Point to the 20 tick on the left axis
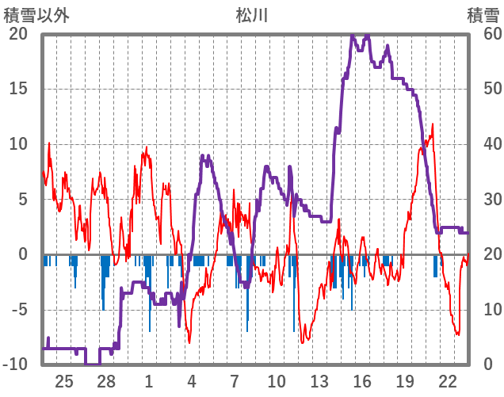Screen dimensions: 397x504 pos(19,34)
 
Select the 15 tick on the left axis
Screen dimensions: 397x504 pos(19,89)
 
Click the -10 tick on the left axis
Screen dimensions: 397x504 pos(16,365)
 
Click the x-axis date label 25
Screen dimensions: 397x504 pos(64,381)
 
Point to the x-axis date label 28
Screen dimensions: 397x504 pos(107,381)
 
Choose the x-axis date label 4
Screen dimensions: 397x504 pos(192,381)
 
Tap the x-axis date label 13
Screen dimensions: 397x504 pos(319,381)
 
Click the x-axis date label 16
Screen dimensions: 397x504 pos(362,381)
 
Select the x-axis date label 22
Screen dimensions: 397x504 pos(447,381)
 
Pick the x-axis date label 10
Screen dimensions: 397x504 pos(277,381)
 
